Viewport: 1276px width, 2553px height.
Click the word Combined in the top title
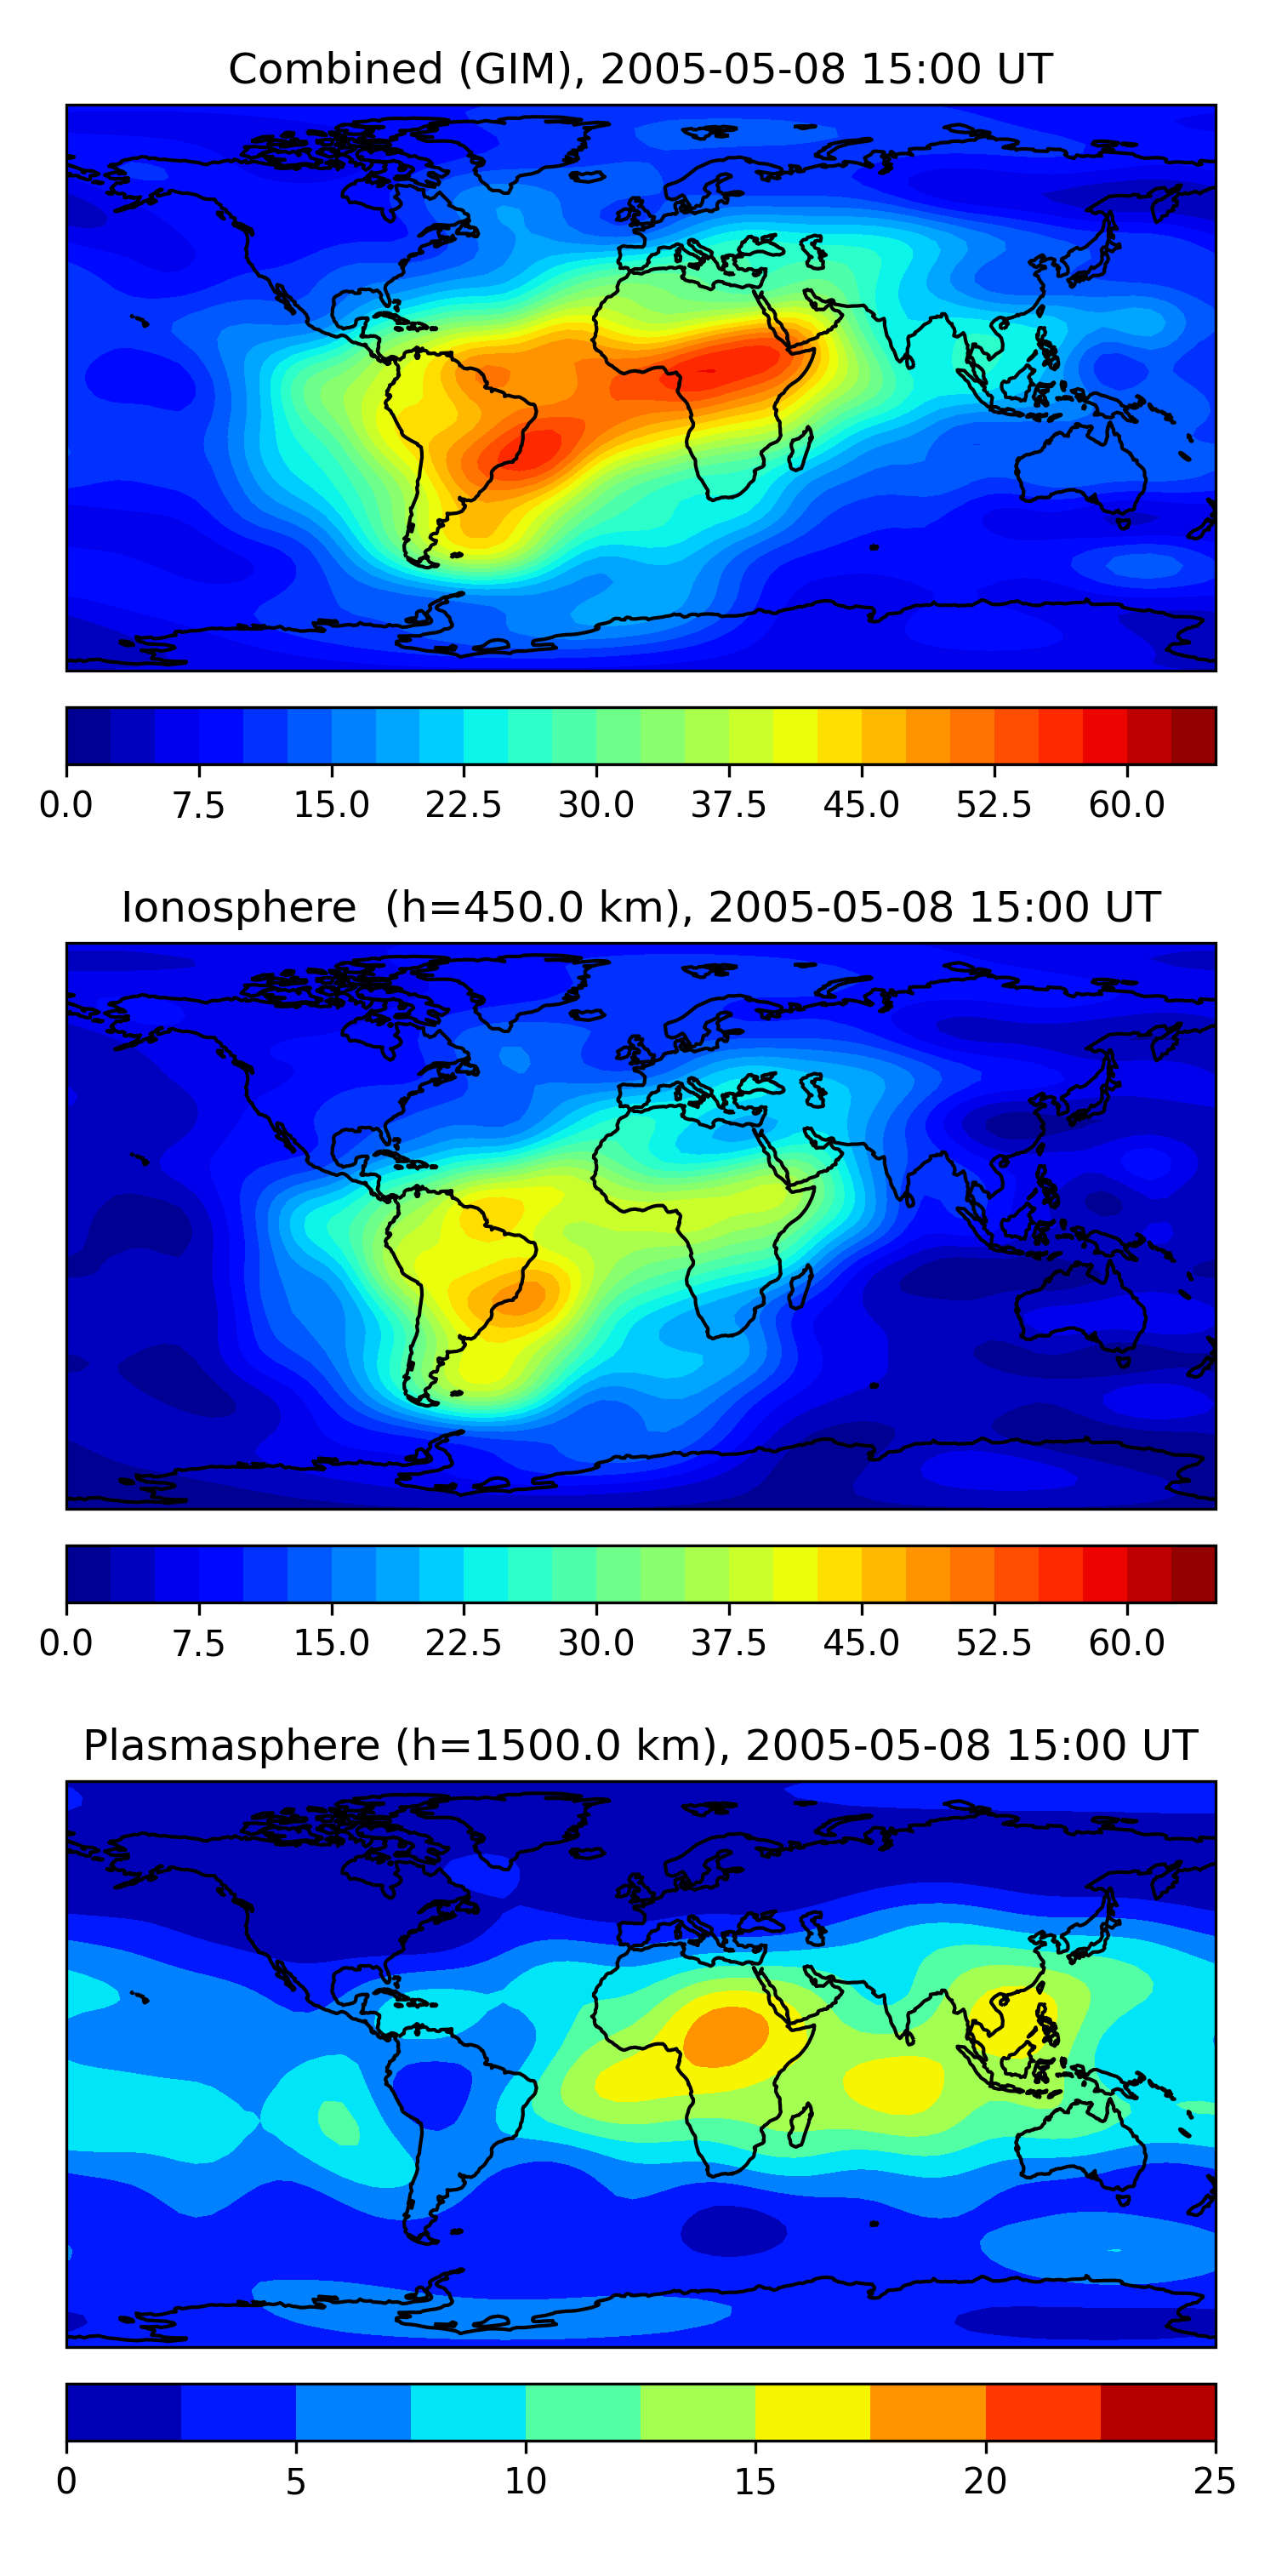point(336,70)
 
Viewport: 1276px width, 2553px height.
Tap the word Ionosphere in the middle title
point(238,908)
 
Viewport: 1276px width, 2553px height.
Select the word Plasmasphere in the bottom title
point(231,1745)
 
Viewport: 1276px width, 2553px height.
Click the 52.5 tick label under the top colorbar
point(994,805)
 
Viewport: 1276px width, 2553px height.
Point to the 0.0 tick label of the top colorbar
point(66,805)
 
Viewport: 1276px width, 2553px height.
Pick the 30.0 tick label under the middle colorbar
point(596,1642)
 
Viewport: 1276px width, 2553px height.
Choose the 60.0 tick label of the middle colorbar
point(1126,1642)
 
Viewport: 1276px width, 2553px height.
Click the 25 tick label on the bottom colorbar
point(1215,2481)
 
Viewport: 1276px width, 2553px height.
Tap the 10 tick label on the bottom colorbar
point(525,2481)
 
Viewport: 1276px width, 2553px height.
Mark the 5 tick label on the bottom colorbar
point(295,2481)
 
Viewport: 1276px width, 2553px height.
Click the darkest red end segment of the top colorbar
point(1193,735)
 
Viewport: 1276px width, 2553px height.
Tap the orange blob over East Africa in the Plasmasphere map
point(725,2036)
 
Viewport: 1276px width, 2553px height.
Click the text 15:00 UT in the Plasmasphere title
point(1109,1745)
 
